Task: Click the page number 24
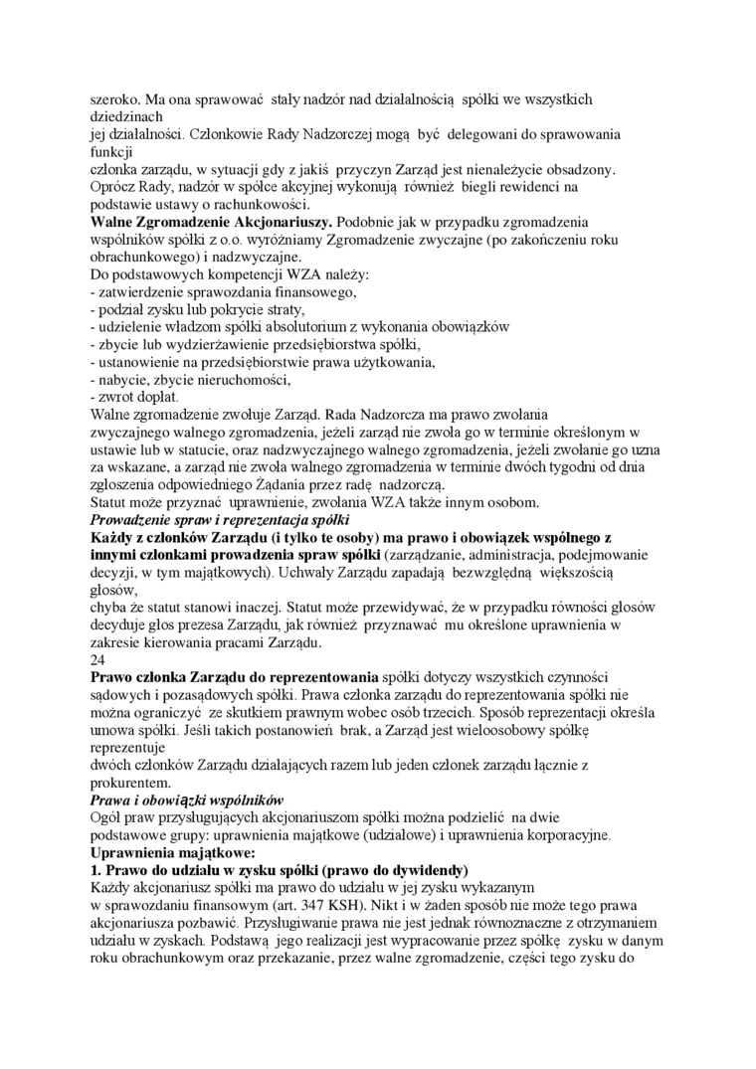pos(97,659)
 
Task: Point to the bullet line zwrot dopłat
pos(133,396)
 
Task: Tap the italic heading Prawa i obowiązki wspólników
pos(187,800)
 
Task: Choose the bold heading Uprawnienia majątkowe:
pos(173,852)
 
